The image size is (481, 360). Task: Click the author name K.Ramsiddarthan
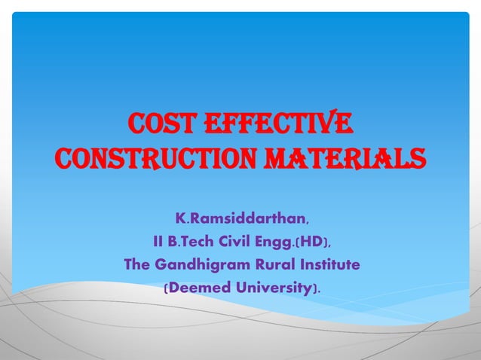[240, 219]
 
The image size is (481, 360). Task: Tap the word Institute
[326, 265]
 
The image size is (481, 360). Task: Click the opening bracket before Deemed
[166, 288]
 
